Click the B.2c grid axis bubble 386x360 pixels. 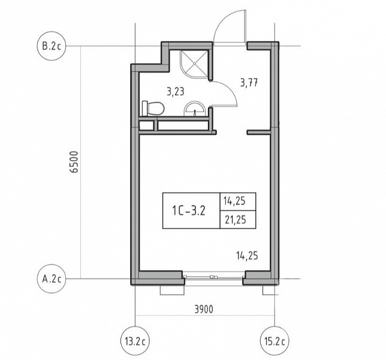pyautogui.click(x=52, y=46)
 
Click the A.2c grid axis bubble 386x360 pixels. pyautogui.click(x=52, y=278)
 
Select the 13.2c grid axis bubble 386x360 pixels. pyautogui.click(x=135, y=341)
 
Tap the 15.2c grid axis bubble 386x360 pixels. pyautogui.click(x=275, y=341)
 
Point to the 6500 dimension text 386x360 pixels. pyautogui.click(x=74, y=162)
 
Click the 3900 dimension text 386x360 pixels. pyautogui.click(x=204, y=309)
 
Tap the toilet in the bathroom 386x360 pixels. pyautogui.click(x=153, y=109)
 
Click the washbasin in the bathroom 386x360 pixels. pyautogui.click(x=195, y=109)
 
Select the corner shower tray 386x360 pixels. pyautogui.click(x=194, y=64)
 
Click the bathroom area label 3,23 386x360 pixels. pyautogui.click(x=175, y=92)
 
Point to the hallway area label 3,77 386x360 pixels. pyautogui.click(x=249, y=83)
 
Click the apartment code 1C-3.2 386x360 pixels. pyautogui.click(x=189, y=211)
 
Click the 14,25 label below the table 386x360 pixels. pyautogui.click(x=247, y=256)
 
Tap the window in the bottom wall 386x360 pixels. pyautogui.click(x=213, y=277)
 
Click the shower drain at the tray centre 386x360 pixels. pyautogui.click(x=194, y=64)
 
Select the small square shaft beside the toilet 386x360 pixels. pyautogui.click(x=147, y=125)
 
